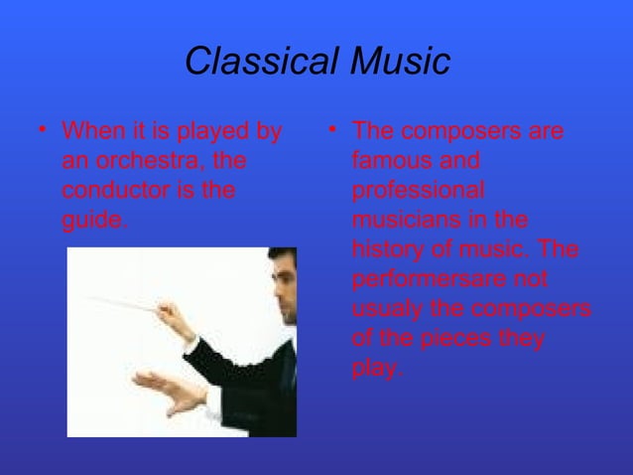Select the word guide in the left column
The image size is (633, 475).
click(92, 220)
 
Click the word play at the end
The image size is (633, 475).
click(375, 368)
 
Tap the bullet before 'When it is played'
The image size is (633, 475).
click(40, 130)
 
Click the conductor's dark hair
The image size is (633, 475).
click(285, 255)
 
